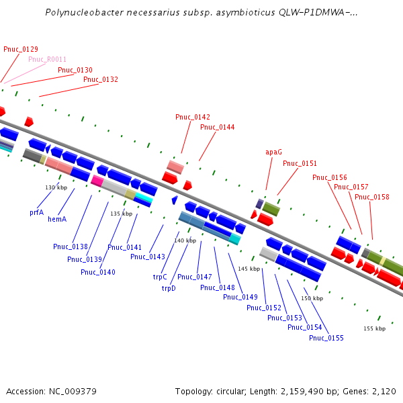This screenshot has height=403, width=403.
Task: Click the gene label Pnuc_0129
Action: pyautogui.click(x=21, y=49)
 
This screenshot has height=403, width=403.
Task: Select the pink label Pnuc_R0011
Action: pyautogui.click(x=47, y=59)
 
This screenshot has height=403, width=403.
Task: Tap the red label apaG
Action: pyautogui.click(x=273, y=152)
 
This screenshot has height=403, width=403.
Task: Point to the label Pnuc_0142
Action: pyautogui.click(x=193, y=117)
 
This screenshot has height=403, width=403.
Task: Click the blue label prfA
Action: pyautogui.click(x=36, y=212)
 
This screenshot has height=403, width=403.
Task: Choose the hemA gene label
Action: pyautogui.click(x=57, y=220)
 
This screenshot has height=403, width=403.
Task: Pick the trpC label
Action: pyautogui.click(x=160, y=277)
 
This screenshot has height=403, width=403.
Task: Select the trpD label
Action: pyautogui.click(x=168, y=288)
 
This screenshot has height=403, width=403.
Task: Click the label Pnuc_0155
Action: pyautogui.click(x=326, y=338)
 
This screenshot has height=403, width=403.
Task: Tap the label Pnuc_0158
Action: pyautogui.click(x=372, y=197)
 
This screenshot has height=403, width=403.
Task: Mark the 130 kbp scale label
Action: pyautogui.click(x=56, y=187)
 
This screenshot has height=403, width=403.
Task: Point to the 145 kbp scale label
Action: pyautogui.click(x=249, y=269)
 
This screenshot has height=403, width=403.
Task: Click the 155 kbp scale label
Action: pyautogui.click(x=374, y=328)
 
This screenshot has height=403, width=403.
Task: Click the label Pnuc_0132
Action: pyautogui.click(x=101, y=79)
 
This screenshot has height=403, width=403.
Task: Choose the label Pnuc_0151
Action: pyautogui.click(x=300, y=163)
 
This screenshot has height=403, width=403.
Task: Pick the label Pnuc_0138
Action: pyautogui.click(x=71, y=247)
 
